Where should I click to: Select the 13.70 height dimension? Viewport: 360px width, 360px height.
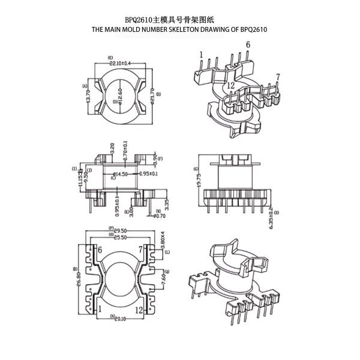click(89, 93)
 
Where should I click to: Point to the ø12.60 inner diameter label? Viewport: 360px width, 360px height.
click(120, 95)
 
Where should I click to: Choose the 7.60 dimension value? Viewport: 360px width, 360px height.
click(162, 279)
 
